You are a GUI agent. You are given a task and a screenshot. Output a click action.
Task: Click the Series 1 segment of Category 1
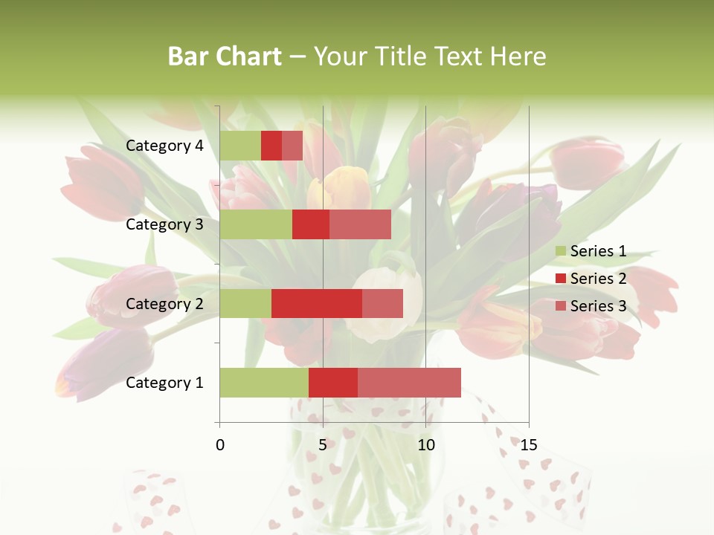(x=264, y=383)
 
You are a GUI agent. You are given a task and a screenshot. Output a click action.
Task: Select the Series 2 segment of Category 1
(x=333, y=383)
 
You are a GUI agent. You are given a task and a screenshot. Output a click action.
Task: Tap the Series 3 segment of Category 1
(x=409, y=383)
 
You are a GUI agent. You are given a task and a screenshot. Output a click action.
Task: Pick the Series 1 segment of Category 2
(x=245, y=303)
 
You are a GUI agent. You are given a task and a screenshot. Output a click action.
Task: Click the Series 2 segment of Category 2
(x=317, y=303)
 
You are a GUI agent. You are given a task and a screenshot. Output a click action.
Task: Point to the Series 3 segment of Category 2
(x=382, y=303)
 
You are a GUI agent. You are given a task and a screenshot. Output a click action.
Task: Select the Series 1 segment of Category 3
(x=256, y=224)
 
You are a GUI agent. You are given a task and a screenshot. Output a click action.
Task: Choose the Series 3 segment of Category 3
(x=360, y=224)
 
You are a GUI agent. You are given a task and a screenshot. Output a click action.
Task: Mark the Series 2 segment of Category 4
(x=271, y=146)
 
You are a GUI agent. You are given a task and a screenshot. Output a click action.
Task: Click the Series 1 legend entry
(x=591, y=251)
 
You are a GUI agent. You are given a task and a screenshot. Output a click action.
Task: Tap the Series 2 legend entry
(x=591, y=279)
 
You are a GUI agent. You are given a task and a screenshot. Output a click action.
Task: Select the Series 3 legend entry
(x=591, y=306)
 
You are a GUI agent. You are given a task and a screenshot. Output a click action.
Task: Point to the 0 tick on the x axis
(x=220, y=445)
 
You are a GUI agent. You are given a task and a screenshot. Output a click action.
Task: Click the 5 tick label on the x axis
(x=323, y=445)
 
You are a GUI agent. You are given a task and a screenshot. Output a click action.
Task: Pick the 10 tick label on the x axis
(x=425, y=445)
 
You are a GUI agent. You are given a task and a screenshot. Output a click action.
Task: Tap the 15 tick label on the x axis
(x=529, y=445)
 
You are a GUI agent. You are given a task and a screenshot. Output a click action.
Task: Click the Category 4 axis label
(x=164, y=146)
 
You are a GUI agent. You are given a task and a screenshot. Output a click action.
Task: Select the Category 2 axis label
(x=164, y=303)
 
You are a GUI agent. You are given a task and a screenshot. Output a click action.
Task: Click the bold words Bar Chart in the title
(x=225, y=56)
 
